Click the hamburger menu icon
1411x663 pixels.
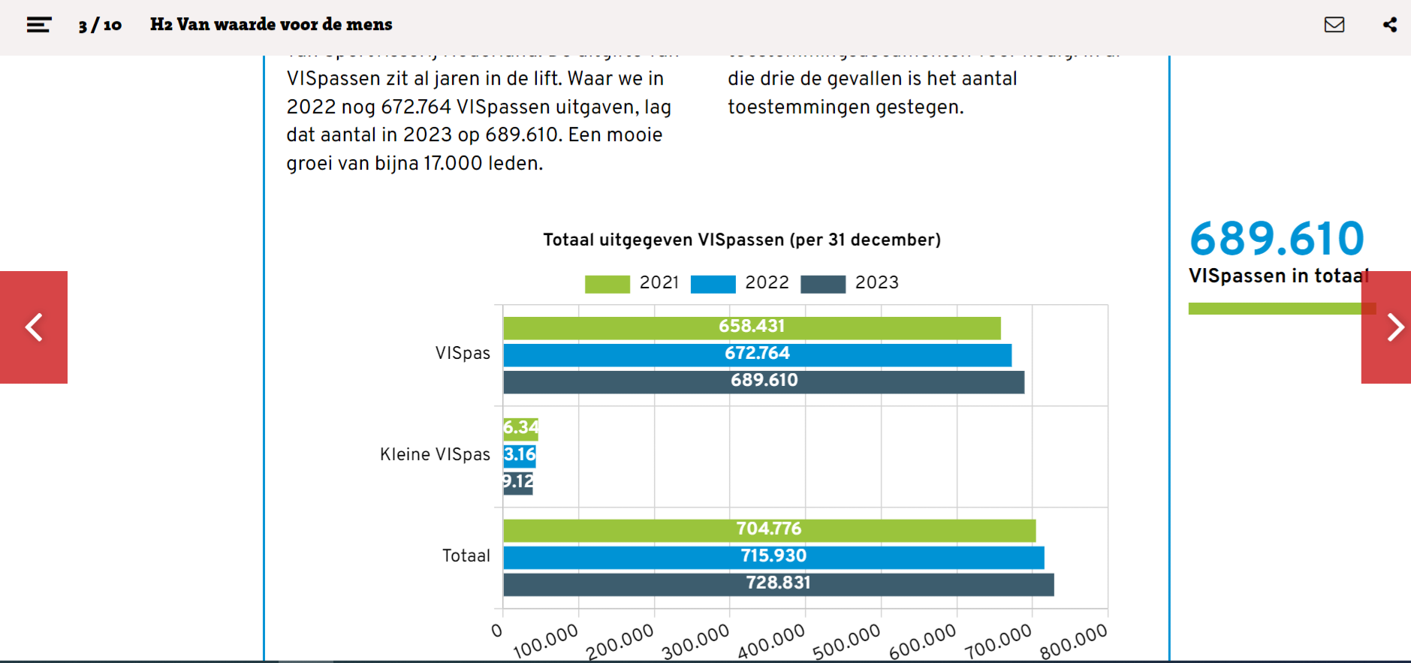[x=38, y=25]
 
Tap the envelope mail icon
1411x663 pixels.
[x=1334, y=25]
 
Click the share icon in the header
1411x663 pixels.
[x=1390, y=25]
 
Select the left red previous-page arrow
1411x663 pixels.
[x=34, y=327]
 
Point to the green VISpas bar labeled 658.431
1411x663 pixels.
[x=751, y=327]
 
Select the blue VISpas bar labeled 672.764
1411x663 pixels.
[x=757, y=354]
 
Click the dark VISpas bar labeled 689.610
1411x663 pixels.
[x=763, y=381]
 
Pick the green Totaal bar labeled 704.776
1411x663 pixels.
[x=769, y=530]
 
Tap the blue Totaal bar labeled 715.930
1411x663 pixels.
[x=773, y=557]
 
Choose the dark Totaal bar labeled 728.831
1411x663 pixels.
[x=778, y=584]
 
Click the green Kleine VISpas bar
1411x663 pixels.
[x=520, y=429]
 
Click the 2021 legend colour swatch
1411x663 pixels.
[x=607, y=284]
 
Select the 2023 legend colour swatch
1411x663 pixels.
[x=822, y=284]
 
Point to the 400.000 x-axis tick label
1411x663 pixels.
[x=770, y=642]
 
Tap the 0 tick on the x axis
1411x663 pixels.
[x=496, y=631]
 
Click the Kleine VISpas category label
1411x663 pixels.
[x=435, y=454]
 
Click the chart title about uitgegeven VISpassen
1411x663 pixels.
[x=741, y=240]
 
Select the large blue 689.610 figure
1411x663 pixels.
[x=1277, y=239]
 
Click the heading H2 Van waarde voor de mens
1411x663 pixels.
[x=271, y=25]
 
